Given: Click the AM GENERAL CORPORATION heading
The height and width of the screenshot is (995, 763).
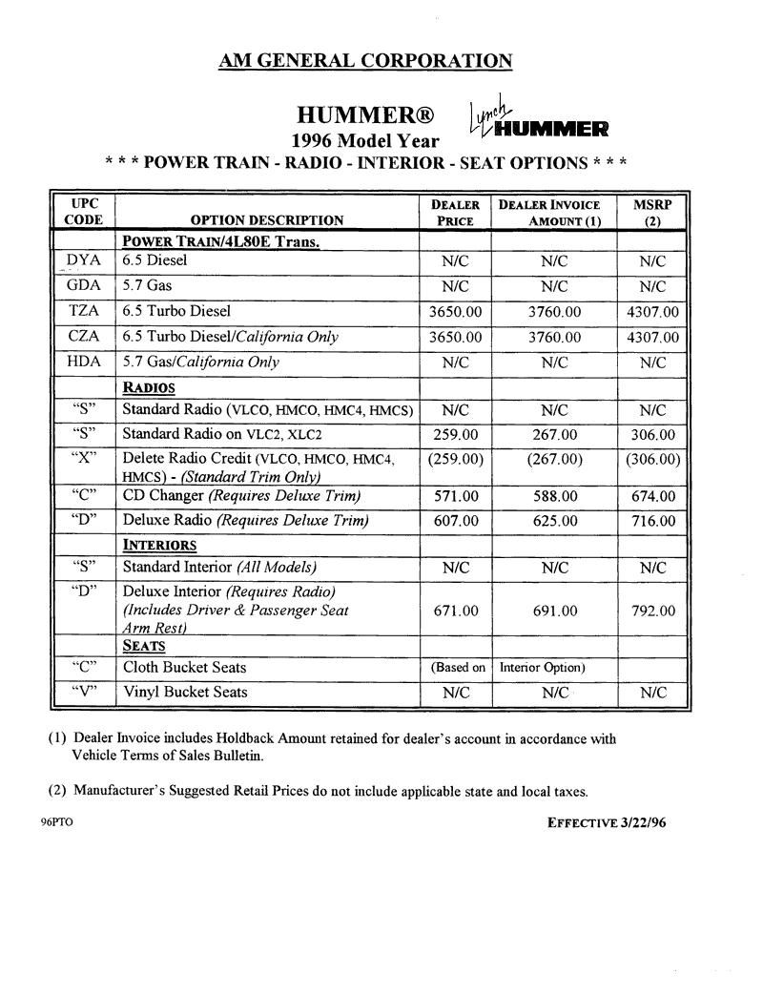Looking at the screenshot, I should coord(365,60).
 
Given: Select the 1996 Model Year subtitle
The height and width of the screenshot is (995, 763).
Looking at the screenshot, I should coord(365,141).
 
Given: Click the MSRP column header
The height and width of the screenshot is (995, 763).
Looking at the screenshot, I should coord(652,212).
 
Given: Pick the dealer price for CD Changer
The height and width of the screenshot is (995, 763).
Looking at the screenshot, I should coord(456,496).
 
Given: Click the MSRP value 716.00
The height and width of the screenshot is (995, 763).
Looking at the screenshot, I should coord(652,521).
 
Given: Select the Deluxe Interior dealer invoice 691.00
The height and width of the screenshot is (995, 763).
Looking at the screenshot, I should coord(553,611).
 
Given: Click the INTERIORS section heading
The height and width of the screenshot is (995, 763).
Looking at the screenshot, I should coord(159,546).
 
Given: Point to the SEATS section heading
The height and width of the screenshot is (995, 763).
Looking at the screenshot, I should coord(144,645).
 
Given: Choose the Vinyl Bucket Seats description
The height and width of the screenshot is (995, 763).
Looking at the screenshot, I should coord(184,693).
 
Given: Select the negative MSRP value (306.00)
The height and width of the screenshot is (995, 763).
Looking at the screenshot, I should coord(652,459).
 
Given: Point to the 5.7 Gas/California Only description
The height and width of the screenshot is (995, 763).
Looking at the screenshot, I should coord(200,363).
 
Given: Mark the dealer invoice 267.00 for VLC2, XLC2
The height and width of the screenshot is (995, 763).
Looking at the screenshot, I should coord(553,435).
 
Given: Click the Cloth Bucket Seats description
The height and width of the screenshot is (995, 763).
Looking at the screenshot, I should coord(184,668).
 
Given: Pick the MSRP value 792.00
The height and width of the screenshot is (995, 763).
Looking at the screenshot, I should coord(652,611).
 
